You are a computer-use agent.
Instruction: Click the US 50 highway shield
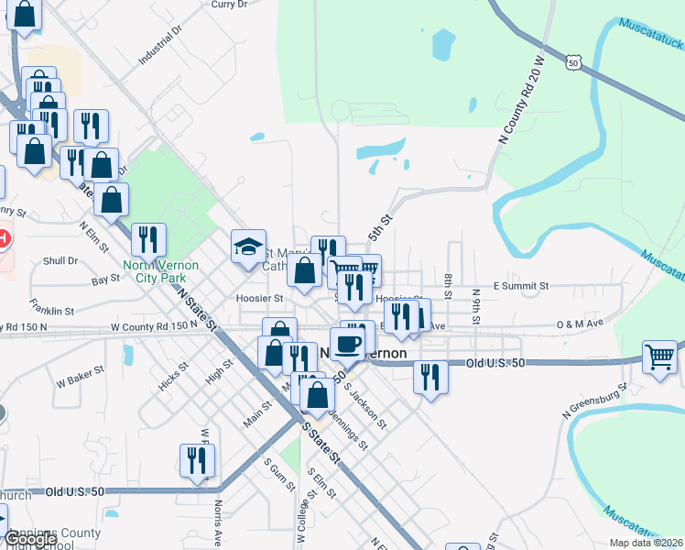[x=573, y=62]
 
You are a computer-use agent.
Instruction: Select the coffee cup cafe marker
[x=347, y=344]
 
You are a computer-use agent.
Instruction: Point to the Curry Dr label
[x=229, y=5]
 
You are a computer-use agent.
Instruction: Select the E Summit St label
[x=520, y=286]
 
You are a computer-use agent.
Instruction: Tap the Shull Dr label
[x=60, y=260]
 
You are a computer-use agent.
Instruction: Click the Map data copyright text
[x=646, y=543]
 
